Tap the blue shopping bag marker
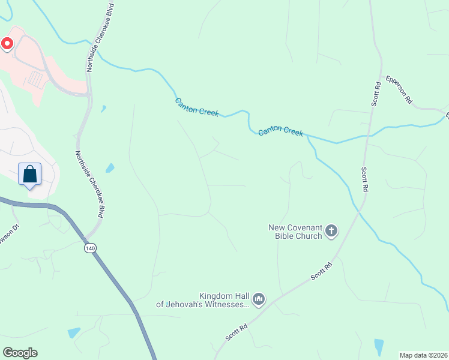point(30,175)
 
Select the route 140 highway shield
point(90,248)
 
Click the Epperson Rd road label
point(399,90)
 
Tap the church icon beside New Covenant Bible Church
point(331,230)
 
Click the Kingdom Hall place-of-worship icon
point(259,298)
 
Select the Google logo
point(20,353)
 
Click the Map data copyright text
point(423,355)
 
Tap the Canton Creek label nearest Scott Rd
point(281,131)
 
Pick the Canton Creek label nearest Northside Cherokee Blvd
point(197,107)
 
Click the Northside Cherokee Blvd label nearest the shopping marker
point(86,185)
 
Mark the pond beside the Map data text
point(379,347)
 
